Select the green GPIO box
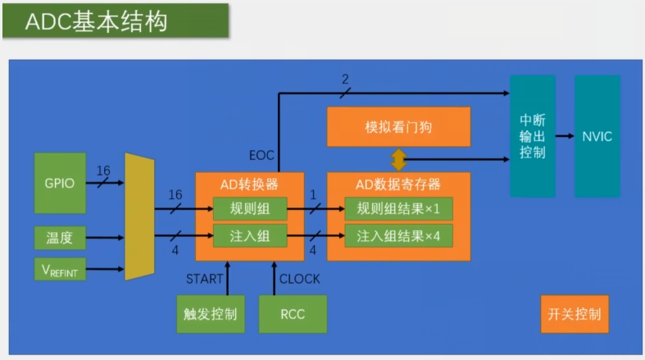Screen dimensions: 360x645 coord(60,183)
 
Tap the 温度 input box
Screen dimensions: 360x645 coord(60,238)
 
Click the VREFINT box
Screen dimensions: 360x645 coord(60,268)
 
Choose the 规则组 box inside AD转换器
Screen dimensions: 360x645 coord(250,209)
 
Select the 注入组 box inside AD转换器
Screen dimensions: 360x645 coord(250,236)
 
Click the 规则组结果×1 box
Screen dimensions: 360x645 coord(398,209)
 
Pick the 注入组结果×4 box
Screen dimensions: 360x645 coord(398,236)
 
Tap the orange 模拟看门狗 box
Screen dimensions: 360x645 coord(398,128)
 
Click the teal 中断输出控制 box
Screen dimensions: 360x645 coord(533,136)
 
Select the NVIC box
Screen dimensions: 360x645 coord(597,136)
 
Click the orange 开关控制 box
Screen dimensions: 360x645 coord(575,313)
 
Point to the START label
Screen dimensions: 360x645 coord(204,279)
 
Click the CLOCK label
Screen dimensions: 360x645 coord(300,279)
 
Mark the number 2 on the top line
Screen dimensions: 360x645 coord(345,80)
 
